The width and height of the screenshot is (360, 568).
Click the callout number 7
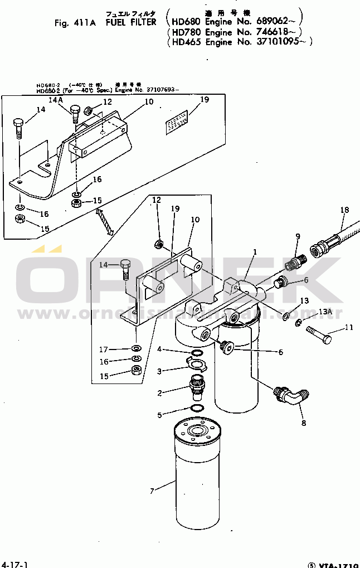pyautogui.click(x=151, y=491)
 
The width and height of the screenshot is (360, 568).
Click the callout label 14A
pyautogui.click(x=56, y=100)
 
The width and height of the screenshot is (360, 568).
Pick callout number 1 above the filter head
pyautogui.click(x=254, y=252)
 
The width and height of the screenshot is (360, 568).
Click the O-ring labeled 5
pyautogui.click(x=196, y=409)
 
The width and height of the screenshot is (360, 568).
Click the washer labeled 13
pyautogui.click(x=285, y=317)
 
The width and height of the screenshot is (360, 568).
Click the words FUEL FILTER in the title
pyautogui.click(x=131, y=23)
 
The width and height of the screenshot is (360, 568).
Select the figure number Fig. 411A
pyautogui.click(x=76, y=23)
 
